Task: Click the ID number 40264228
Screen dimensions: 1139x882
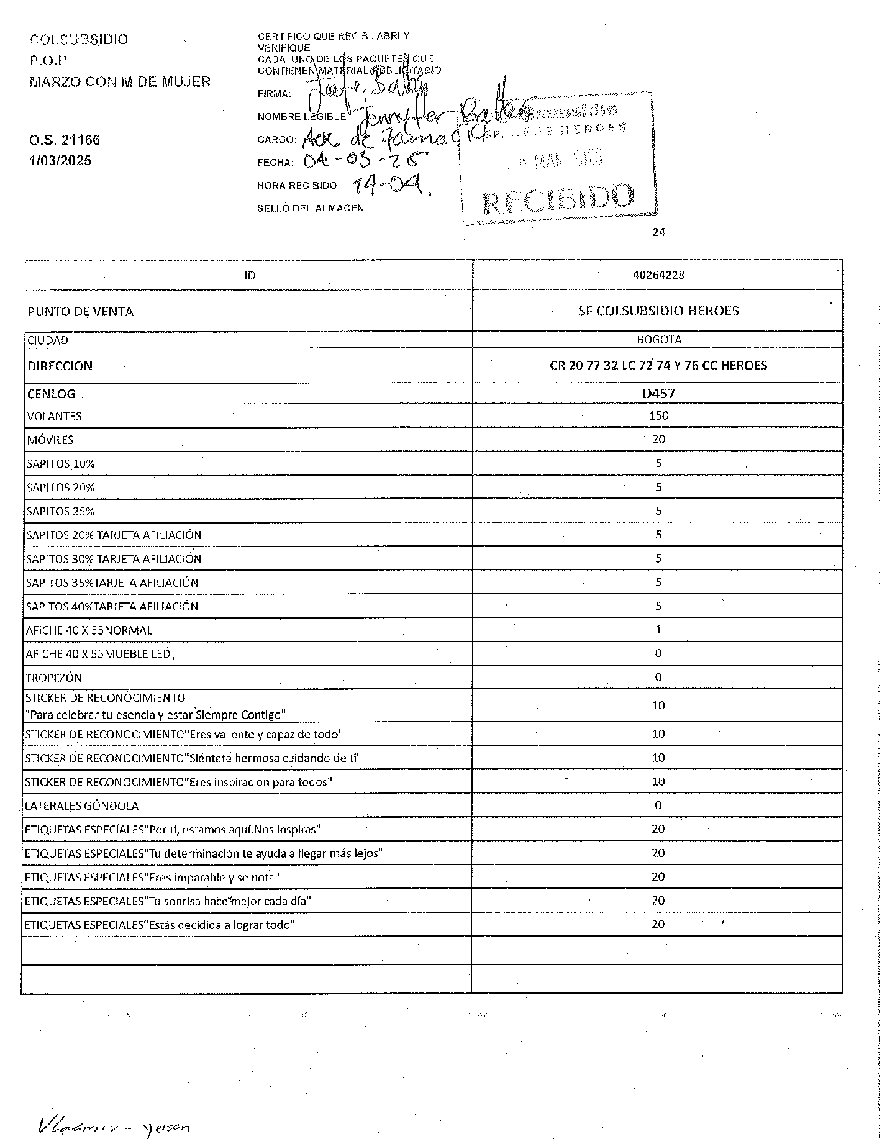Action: point(658,275)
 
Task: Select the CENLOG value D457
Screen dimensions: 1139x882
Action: point(658,393)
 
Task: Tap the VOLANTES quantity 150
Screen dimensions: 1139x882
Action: point(658,416)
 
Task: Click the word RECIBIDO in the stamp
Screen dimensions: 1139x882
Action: point(558,199)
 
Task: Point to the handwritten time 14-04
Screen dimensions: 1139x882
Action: point(391,184)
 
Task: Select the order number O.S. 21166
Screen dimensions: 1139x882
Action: point(65,140)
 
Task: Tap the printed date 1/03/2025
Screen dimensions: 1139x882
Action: point(60,161)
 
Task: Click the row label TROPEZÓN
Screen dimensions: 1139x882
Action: point(53,678)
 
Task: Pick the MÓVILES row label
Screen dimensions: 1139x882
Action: point(50,440)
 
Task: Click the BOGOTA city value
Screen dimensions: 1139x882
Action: point(658,340)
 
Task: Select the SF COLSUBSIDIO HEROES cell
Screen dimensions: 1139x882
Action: point(658,311)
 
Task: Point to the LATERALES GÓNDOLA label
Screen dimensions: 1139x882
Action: point(81,806)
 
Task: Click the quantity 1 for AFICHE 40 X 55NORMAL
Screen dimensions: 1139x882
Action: point(658,630)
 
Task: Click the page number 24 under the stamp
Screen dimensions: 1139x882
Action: point(659,232)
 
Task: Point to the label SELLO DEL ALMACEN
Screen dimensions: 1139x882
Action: point(311,209)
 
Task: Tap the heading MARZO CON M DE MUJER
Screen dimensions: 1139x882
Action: point(120,82)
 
